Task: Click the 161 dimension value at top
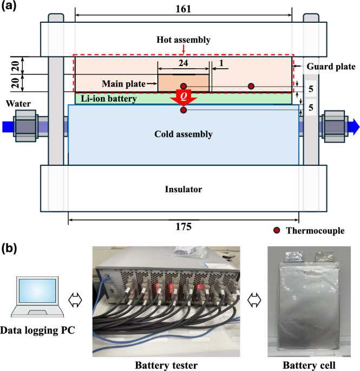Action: (x=183, y=10)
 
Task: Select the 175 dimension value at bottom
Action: (x=183, y=227)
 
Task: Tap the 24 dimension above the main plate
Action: (x=184, y=63)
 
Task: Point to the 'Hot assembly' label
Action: (x=183, y=40)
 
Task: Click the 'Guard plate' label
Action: (x=331, y=67)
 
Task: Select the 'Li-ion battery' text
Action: (x=107, y=99)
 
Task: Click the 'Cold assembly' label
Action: (x=183, y=134)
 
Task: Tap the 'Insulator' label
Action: (x=183, y=189)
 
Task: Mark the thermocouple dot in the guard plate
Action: (x=251, y=86)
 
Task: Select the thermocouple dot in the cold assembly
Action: (x=184, y=110)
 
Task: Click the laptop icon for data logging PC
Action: (x=38, y=296)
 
